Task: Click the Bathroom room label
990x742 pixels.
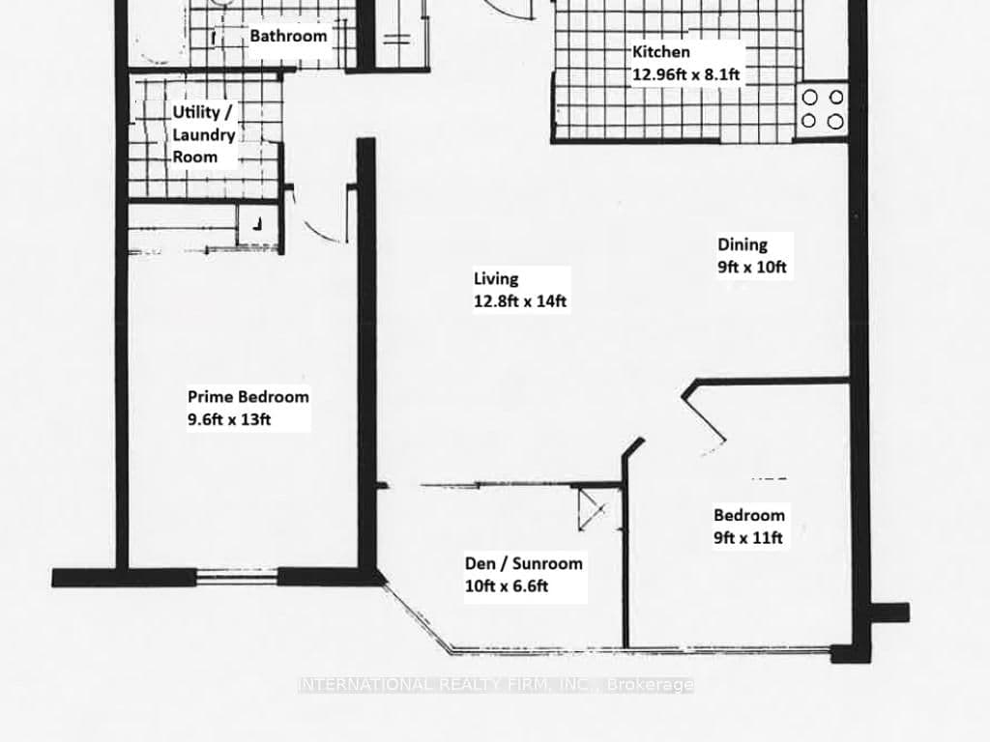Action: click(288, 37)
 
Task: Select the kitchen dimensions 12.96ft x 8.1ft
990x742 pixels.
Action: click(686, 73)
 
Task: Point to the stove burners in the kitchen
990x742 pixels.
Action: click(823, 109)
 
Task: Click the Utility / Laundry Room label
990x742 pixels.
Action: click(203, 134)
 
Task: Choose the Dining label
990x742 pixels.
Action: click(742, 245)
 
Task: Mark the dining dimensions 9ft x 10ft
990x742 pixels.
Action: click(754, 268)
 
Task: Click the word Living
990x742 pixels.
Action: click(496, 278)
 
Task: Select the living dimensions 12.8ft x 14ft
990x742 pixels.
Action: click(519, 301)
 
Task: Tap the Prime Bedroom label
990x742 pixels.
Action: click(248, 396)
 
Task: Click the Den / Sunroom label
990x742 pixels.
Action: click(523, 563)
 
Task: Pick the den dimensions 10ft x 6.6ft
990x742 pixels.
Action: click(511, 586)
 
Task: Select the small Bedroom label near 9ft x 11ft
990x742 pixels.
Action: click(749, 515)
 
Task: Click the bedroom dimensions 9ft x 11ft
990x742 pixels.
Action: click(747, 538)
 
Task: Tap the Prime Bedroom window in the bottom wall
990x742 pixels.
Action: click(241, 578)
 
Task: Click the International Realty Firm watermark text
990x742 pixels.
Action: click(495, 684)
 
